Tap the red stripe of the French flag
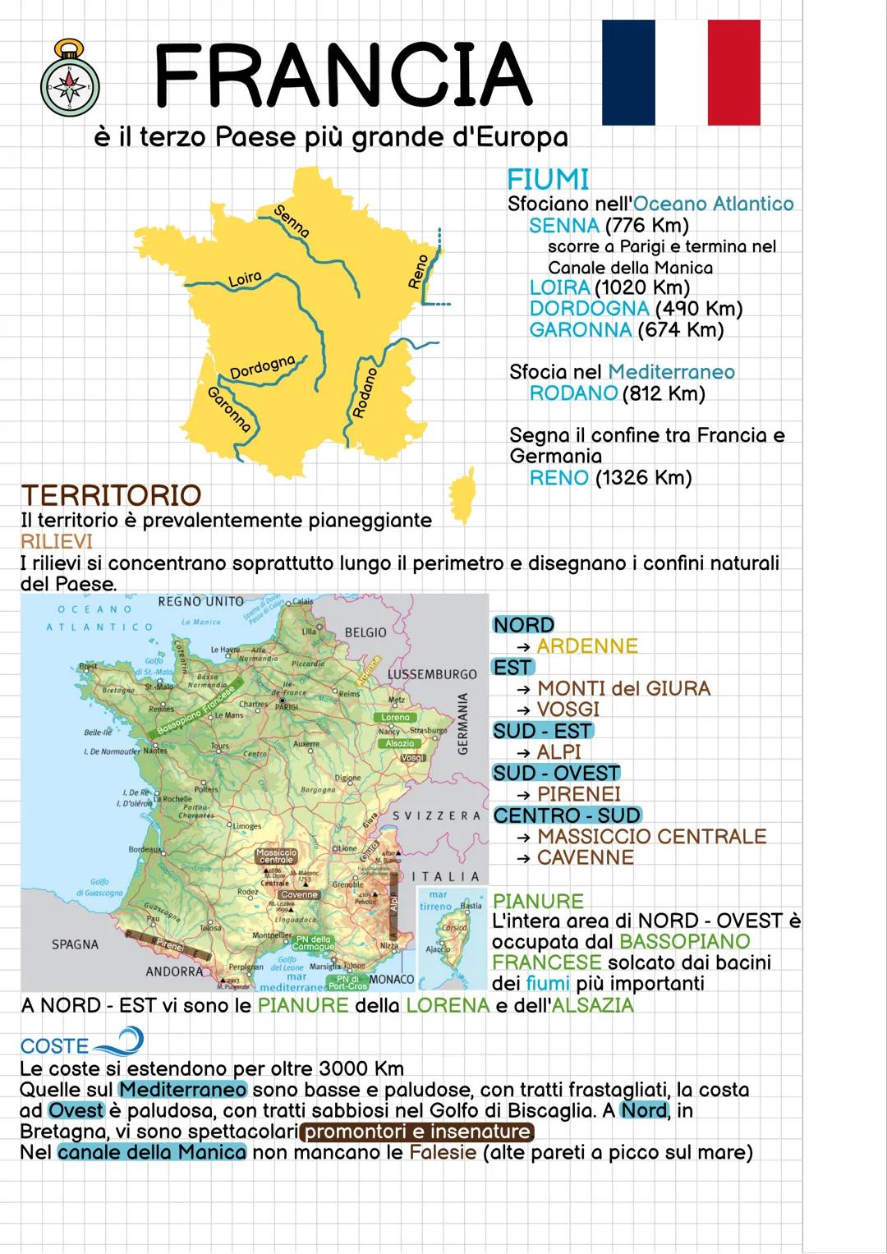733,73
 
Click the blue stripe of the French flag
628,73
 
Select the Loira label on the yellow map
244,279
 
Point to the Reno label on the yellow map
418,272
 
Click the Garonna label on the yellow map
229,408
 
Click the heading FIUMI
548,179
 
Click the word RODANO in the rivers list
573,393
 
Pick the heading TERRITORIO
111,495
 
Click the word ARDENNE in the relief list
587,646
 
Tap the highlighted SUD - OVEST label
556,773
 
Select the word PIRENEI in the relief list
579,794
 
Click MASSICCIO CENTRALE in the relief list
651,836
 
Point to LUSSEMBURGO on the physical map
432,674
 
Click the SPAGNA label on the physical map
75,944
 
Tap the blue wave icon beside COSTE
119,1044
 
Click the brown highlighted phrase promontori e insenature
418,1132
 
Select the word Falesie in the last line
443,1152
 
